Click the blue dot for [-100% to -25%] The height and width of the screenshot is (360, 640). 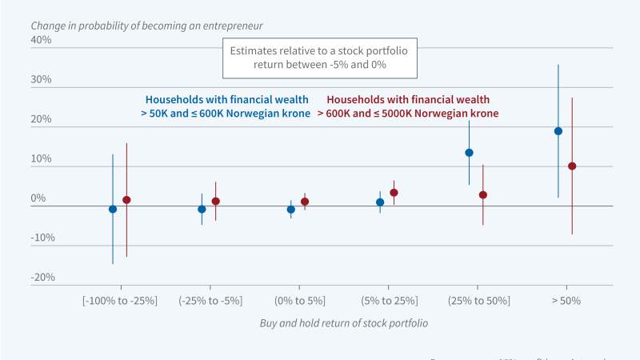(x=113, y=209)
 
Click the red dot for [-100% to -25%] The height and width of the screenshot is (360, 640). (x=126, y=200)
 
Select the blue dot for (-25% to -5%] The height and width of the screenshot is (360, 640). (x=202, y=209)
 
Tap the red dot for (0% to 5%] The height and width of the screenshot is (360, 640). (x=305, y=202)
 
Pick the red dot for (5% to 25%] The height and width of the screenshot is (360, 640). (x=394, y=193)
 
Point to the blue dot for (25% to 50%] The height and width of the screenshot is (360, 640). (x=469, y=153)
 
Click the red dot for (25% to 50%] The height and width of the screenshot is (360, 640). (x=483, y=195)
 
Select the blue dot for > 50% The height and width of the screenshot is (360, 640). (x=558, y=131)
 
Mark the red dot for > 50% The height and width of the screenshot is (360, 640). (x=572, y=166)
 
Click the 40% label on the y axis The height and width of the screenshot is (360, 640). (x=41, y=40)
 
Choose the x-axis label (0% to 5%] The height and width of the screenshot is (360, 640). (x=298, y=300)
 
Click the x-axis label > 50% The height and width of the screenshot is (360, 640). (x=566, y=300)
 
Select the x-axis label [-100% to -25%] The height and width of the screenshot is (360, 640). (x=120, y=300)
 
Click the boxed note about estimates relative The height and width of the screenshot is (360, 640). (x=319, y=57)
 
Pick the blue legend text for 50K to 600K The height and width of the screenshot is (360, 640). (x=225, y=106)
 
